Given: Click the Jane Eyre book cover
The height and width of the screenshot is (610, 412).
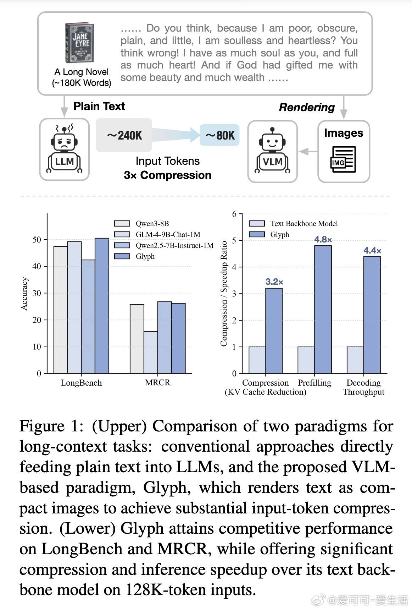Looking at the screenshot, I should pos(79,43).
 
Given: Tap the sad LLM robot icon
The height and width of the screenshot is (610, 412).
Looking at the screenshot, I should pos(65,149).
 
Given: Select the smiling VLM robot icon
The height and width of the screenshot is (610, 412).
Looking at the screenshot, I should pos(272,151).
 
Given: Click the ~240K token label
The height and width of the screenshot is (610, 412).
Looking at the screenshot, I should pos(124,135).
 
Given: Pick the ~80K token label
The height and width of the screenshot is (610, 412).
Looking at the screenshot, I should pos(220,135).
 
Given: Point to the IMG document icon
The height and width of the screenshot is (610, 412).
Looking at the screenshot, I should pos(343,160).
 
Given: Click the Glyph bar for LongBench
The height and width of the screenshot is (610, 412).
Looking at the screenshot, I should pos(102,305).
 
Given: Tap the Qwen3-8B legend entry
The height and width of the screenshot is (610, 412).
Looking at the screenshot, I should pos(142,223).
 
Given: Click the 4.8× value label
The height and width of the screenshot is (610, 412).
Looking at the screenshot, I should pos(323,240).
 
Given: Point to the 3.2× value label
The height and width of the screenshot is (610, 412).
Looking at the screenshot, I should pos(274,282).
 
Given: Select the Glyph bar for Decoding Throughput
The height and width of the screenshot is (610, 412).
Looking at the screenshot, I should pos(372,315).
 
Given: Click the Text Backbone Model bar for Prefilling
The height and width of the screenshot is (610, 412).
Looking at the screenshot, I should pos(306,360).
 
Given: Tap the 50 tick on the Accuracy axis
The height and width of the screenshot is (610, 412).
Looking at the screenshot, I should pos(37,240).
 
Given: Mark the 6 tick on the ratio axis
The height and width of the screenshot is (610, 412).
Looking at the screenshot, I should pos(234,214).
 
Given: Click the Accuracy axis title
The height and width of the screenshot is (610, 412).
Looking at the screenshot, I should pos(24,294).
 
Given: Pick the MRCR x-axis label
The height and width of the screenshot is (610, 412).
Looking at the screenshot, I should pos(157,382).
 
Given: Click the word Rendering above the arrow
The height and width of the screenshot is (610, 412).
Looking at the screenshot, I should pos(307,107).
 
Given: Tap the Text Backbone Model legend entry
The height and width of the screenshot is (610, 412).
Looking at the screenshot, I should pos(293,223).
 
